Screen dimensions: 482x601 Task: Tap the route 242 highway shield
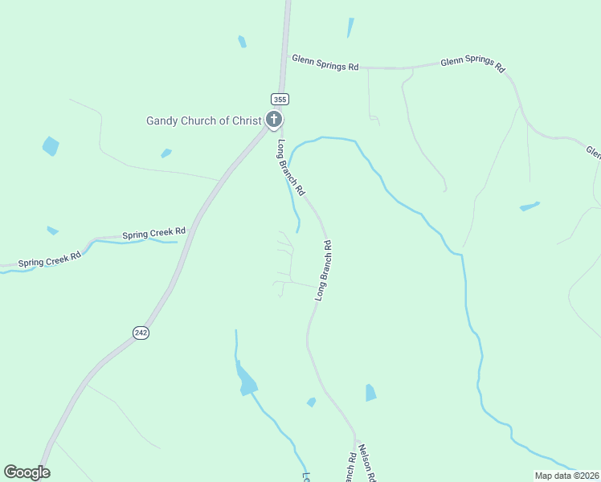tap(141, 332)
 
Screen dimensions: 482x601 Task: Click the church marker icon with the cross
tap(274, 121)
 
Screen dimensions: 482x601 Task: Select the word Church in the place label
tap(201, 121)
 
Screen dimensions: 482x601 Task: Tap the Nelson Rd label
tap(368, 463)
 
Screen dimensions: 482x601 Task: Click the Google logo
tap(27, 472)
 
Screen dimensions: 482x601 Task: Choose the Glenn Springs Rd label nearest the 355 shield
tap(325, 63)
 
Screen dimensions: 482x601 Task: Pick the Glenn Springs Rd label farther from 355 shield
tap(473, 66)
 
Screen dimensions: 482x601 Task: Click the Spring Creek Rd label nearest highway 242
tap(153, 234)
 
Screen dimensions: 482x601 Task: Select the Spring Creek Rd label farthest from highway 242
tap(50, 259)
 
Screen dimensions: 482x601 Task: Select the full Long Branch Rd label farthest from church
tap(324, 269)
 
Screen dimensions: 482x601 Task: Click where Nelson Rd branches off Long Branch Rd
tap(354, 438)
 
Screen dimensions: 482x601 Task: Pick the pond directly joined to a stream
tap(247, 381)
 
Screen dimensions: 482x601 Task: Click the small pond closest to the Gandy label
tap(166, 153)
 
